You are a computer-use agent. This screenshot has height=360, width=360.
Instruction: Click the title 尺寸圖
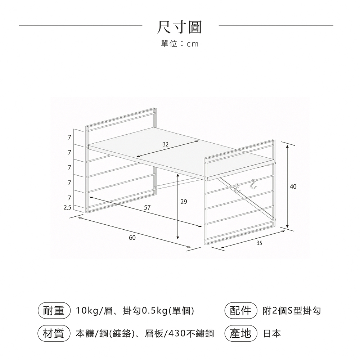point(180,27)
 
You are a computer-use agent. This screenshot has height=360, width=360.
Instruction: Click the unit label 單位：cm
point(180,44)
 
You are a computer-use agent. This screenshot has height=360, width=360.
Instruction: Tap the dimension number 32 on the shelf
point(165,144)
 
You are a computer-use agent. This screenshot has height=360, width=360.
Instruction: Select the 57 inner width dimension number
point(147,208)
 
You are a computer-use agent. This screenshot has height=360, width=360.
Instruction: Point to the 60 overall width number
point(132,238)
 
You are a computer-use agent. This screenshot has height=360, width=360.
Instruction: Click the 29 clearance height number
point(184,202)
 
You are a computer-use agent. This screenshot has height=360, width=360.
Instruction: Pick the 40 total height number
point(293,186)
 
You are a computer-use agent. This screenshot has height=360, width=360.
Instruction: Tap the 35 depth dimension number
point(259,243)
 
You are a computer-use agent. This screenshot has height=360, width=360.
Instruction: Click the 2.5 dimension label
point(68,208)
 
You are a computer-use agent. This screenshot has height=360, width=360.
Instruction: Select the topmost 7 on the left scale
point(69,138)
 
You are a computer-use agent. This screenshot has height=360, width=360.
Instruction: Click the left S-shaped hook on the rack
point(237,189)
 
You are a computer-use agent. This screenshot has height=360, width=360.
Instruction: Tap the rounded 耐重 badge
point(54,311)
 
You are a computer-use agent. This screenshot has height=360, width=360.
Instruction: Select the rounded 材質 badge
point(54,333)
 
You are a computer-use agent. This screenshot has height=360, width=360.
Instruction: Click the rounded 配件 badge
point(240,311)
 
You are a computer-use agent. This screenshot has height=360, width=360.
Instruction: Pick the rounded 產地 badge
point(240,333)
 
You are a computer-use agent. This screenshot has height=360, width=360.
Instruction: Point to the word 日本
point(272,334)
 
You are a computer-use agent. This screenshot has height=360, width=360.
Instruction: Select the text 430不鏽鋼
point(191,334)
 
